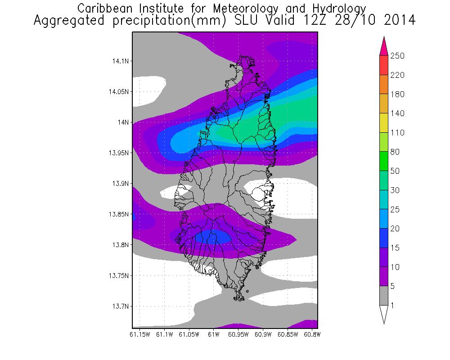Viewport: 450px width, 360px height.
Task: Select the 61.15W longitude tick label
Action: [x=139, y=334]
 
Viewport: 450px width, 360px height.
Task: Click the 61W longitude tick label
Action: [x=213, y=334]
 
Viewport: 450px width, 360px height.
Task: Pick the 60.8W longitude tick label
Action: [x=312, y=334]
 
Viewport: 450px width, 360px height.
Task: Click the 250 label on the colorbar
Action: [x=398, y=56]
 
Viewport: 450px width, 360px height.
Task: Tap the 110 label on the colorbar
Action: [x=398, y=133]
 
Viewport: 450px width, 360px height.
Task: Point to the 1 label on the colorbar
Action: [x=393, y=306]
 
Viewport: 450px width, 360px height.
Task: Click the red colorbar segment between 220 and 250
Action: [x=384, y=65]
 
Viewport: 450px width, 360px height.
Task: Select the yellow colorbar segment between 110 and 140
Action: [x=384, y=123]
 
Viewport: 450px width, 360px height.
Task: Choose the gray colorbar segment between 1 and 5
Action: [x=384, y=296]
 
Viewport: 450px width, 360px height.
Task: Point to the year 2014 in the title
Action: [x=398, y=21]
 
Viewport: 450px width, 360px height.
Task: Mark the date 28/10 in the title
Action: [x=349, y=21]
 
